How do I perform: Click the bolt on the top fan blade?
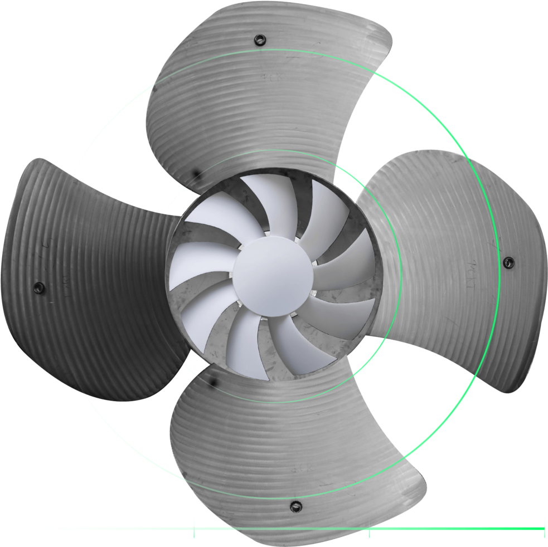259,40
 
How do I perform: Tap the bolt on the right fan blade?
508,262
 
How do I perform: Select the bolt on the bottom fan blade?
295,506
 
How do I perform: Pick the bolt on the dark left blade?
38,287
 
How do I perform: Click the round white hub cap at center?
272,273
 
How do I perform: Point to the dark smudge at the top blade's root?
195,176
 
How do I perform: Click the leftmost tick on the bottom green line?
194,528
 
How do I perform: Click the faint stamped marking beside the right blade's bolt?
471,273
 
